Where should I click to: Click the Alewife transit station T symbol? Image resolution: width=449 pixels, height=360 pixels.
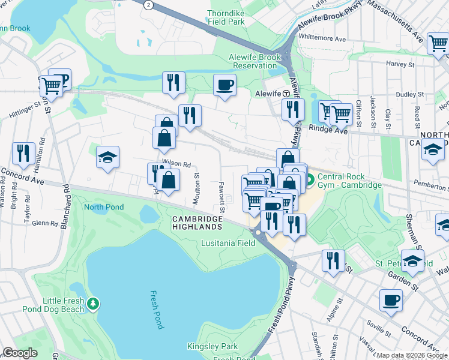[287, 94]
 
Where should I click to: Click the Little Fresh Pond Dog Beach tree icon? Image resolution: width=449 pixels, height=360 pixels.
[92, 304]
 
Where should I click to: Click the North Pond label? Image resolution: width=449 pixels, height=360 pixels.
[104, 208]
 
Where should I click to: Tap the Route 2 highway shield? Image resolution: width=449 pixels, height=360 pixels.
[148, 4]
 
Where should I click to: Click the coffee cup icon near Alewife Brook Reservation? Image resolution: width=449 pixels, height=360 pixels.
[225, 85]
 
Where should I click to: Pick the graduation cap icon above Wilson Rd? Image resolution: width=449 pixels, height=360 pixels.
[108, 158]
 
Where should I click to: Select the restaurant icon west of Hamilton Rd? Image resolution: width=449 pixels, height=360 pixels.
[23, 153]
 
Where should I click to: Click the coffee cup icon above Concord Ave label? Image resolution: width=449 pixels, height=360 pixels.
[390, 300]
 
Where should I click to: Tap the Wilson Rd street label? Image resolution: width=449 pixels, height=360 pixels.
[175, 163]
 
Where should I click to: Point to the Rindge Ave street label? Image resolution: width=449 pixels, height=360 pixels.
[328, 128]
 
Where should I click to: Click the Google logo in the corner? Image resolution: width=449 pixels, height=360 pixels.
[20, 353]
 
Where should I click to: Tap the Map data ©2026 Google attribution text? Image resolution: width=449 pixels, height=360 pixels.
[412, 355]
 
